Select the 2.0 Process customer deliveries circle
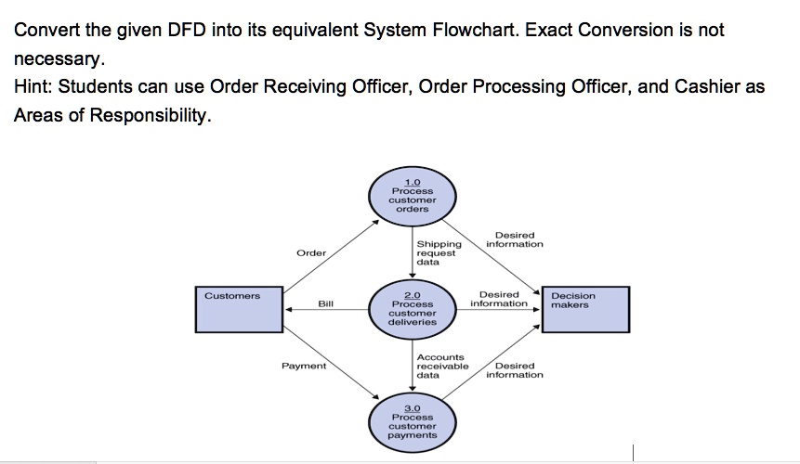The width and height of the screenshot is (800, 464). tap(412, 309)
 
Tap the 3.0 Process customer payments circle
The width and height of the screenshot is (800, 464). tap(412, 422)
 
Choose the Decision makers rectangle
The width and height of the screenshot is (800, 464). tap(588, 310)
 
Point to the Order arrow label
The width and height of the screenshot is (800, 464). tap(311, 252)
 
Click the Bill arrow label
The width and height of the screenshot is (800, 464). tap(325, 303)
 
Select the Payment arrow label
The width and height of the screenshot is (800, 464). tap(304, 366)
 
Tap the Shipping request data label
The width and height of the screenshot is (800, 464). tap(439, 252)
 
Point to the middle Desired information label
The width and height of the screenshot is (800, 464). tap(499, 299)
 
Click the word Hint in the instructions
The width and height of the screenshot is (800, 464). tap(33, 87)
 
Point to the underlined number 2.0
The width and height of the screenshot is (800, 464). tap(412, 293)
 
